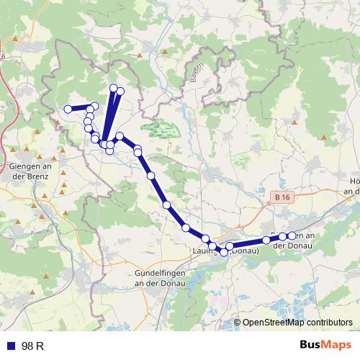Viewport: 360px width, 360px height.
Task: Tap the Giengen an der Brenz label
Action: point(28,171)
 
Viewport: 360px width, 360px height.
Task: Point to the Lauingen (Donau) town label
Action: point(226,251)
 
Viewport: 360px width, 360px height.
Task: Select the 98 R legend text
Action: point(33,346)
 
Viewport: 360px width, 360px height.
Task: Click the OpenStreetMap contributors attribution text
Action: point(297,323)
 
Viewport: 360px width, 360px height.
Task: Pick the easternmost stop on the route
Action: point(292,236)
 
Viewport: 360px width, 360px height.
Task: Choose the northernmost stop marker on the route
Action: point(113,88)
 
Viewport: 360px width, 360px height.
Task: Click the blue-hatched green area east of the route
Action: point(162,130)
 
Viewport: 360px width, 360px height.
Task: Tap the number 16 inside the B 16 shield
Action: point(288,196)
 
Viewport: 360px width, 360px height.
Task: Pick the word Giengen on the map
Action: point(23,166)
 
